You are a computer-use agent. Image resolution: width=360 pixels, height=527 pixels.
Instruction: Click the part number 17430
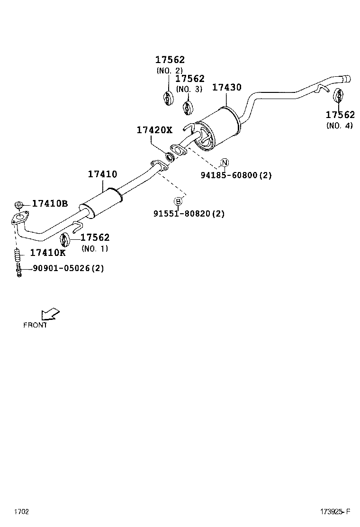point(226,88)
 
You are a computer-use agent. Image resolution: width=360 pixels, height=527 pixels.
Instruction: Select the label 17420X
point(154,129)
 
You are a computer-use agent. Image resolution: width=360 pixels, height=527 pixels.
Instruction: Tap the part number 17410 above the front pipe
point(102,174)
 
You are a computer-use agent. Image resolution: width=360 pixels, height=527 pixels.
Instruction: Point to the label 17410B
point(50,204)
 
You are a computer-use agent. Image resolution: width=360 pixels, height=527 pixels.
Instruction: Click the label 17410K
point(48,253)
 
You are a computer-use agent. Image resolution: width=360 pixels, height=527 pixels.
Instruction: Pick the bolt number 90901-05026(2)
point(68,268)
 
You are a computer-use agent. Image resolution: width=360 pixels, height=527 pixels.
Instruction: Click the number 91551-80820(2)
point(189,214)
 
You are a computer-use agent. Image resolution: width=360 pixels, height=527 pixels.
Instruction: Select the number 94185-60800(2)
point(236,175)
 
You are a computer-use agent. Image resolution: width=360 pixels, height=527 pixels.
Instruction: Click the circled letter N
point(225,163)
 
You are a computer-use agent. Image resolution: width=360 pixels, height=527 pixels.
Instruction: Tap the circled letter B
point(178,201)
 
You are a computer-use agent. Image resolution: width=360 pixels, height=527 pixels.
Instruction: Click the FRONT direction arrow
point(50,314)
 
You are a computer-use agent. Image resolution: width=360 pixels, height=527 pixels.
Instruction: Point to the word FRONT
point(35,325)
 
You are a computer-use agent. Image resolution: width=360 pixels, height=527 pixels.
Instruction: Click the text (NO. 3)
point(189,89)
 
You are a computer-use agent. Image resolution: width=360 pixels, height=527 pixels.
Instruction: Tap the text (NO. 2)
point(169,71)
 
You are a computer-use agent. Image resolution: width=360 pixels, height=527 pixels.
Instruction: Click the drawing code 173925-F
point(334,511)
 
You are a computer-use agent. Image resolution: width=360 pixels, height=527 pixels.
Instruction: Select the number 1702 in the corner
point(21,511)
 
